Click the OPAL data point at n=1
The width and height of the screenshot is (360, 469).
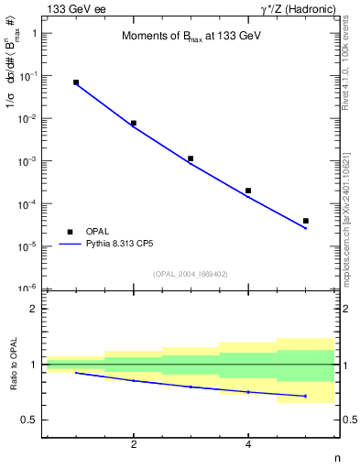coord(76,82)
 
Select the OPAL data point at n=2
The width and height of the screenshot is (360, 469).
coord(134,123)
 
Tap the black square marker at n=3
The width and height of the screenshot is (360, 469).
coord(191,158)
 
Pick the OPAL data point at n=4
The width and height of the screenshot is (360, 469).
coord(248,191)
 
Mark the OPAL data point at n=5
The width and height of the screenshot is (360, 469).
coord(306,221)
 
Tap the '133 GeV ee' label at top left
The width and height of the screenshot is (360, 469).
coord(77,8)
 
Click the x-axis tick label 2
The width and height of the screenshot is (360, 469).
coord(134,445)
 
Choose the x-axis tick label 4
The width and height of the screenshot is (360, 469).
coord(248,445)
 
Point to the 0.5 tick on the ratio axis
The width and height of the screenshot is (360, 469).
coord(33,420)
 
